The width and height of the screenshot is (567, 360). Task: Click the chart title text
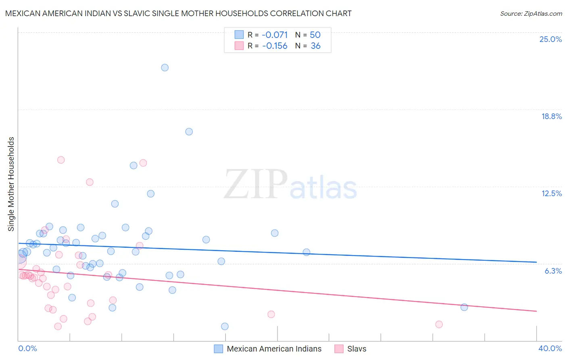point(178,13)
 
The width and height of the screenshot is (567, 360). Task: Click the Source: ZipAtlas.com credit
point(531,13)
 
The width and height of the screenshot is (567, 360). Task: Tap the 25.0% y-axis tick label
point(550,39)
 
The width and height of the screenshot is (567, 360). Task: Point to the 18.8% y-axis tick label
point(551,116)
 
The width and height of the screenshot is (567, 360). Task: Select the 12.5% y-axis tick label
point(551,193)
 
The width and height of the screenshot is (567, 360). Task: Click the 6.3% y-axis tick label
point(553,271)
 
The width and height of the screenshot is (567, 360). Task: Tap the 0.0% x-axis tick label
point(27,348)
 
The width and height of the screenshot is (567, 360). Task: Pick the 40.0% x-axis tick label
point(550,348)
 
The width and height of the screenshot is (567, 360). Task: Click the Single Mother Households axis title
point(11,184)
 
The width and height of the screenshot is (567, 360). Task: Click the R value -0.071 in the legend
point(275,35)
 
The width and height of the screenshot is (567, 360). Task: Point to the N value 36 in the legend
point(315,46)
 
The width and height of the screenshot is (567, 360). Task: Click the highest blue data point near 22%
point(165,67)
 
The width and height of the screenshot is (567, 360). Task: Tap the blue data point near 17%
point(189,132)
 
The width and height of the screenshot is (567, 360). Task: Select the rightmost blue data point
point(464,307)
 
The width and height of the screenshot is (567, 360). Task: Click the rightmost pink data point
point(439,324)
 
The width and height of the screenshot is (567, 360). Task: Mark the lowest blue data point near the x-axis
point(225,326)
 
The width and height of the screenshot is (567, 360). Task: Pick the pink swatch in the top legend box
point(239,46)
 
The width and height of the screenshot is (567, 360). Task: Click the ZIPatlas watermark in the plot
point(290,185)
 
